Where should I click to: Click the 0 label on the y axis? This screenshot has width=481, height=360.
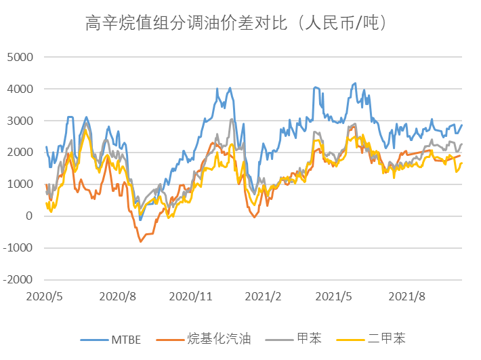click(x=28, y=216)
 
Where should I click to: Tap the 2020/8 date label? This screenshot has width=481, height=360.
click(x=118, y=296)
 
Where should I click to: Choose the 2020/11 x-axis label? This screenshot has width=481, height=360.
click(x=191, y=296)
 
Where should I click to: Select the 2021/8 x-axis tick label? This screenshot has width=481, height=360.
click(x=410, y=296)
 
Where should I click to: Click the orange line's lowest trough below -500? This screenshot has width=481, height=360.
click(x=140, y=241)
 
